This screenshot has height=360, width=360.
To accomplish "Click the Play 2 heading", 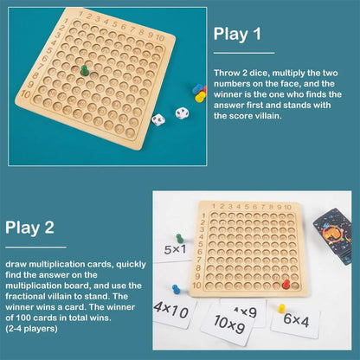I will click(x=29, y=228).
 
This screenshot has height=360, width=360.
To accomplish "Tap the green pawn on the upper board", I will click(x=84, y=69).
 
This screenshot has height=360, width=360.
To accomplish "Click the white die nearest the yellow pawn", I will click(x=182, y=113).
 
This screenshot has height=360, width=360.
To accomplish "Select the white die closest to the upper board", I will click(x=158, y=121).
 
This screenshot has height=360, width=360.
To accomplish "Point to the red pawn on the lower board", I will click(x=286, y=283).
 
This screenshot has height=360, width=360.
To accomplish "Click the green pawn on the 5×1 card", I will click(x=179, y=238).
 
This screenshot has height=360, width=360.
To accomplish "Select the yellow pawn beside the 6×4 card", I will click(x=280, y=307).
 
